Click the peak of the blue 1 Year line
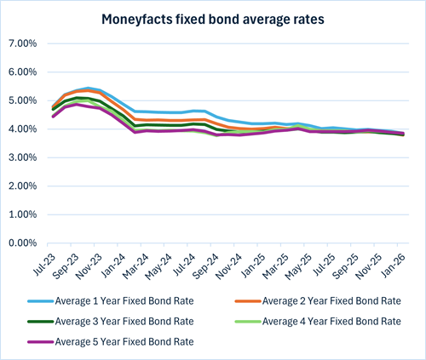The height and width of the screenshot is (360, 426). (x=89, y=88)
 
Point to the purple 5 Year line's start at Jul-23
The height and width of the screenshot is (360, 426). (x=53, y=116)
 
